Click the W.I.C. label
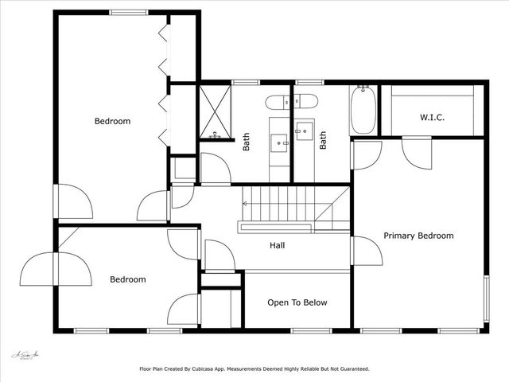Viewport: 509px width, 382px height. click(x=432, y=118)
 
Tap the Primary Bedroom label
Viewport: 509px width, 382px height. click(x=418, y=236)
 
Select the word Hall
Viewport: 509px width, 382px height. click(x=278, y=246)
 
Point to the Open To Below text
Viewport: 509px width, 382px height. click(x=297, y=302)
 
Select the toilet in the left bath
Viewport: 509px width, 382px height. click(x=278, y=101)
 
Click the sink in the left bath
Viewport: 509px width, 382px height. click(x=280, y=142)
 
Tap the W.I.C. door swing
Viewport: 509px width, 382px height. click(x=416, y=151)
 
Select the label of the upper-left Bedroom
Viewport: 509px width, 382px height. click(x=112, y=122)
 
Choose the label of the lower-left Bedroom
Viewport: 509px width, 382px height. click(x=127, y=279)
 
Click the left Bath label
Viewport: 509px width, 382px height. click(x=246, y=141)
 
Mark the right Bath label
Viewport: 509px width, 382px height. click(x=324, y=141)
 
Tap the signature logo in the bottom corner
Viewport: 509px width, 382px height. click(x=25, y=356)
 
